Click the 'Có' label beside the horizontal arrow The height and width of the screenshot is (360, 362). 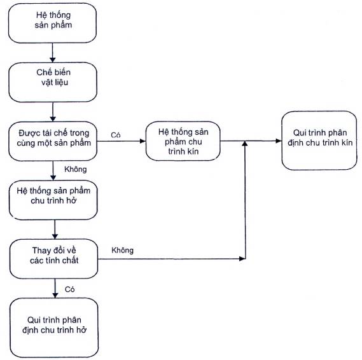coord(115,135)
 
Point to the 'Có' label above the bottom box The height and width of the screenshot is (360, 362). coord(69,289)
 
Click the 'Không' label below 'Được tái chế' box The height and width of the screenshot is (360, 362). coord(76,169)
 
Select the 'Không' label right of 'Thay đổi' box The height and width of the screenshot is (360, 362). coord(122,250)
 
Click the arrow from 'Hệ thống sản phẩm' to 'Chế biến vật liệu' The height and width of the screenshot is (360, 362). coord(52,53)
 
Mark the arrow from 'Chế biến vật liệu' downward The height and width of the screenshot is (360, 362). coord(53,112)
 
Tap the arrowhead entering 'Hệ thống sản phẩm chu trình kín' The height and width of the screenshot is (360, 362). coord(143,141)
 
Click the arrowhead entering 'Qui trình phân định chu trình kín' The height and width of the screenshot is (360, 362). coord(279,141)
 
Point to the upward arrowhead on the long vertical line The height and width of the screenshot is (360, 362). coord(245,144)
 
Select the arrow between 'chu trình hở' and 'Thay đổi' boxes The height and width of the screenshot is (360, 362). coord(55,230)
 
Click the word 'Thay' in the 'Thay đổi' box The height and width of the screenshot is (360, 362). coord(41,251)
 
